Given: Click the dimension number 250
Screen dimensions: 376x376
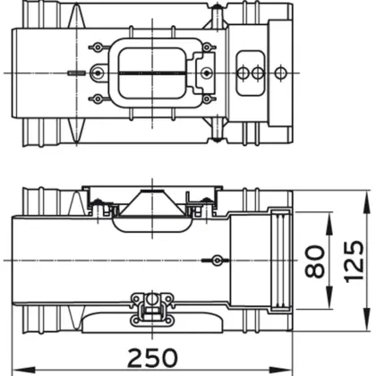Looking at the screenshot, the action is click(152, 357).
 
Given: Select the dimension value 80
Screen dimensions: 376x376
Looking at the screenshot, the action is click(314, 261).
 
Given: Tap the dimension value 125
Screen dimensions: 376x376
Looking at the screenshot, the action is click(354, 261).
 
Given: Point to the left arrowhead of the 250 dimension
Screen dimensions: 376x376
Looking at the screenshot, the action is click(23, 370).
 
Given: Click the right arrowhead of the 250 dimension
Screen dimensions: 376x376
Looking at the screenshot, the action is click(282, 370).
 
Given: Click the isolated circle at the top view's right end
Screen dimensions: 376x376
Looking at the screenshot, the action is click(279, 73).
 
